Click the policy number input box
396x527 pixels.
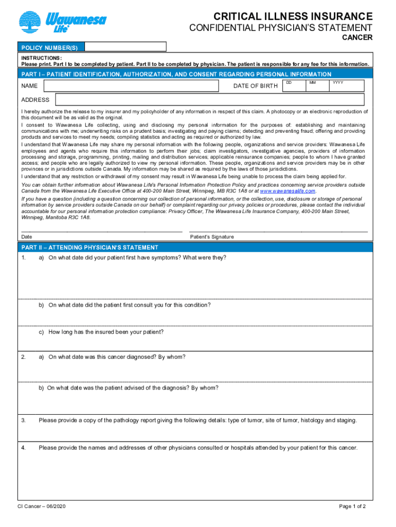pyautogui.click(x=125, y=47)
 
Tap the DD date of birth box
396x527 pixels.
pyautogui.click(x=294, y=85)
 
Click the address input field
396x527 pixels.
pyautogui.click(x=210, y=100)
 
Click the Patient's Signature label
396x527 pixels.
pyautogui.click(x=212, y=237)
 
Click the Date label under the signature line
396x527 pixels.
pyautogui.click(x=27, y=237)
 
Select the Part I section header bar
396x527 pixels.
pyautogui.click(x=176, y=74)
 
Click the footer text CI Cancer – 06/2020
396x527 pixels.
pyautogui.click(x=41, y=506)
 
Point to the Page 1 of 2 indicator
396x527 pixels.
pyautogui.click(x=352, y=506)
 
